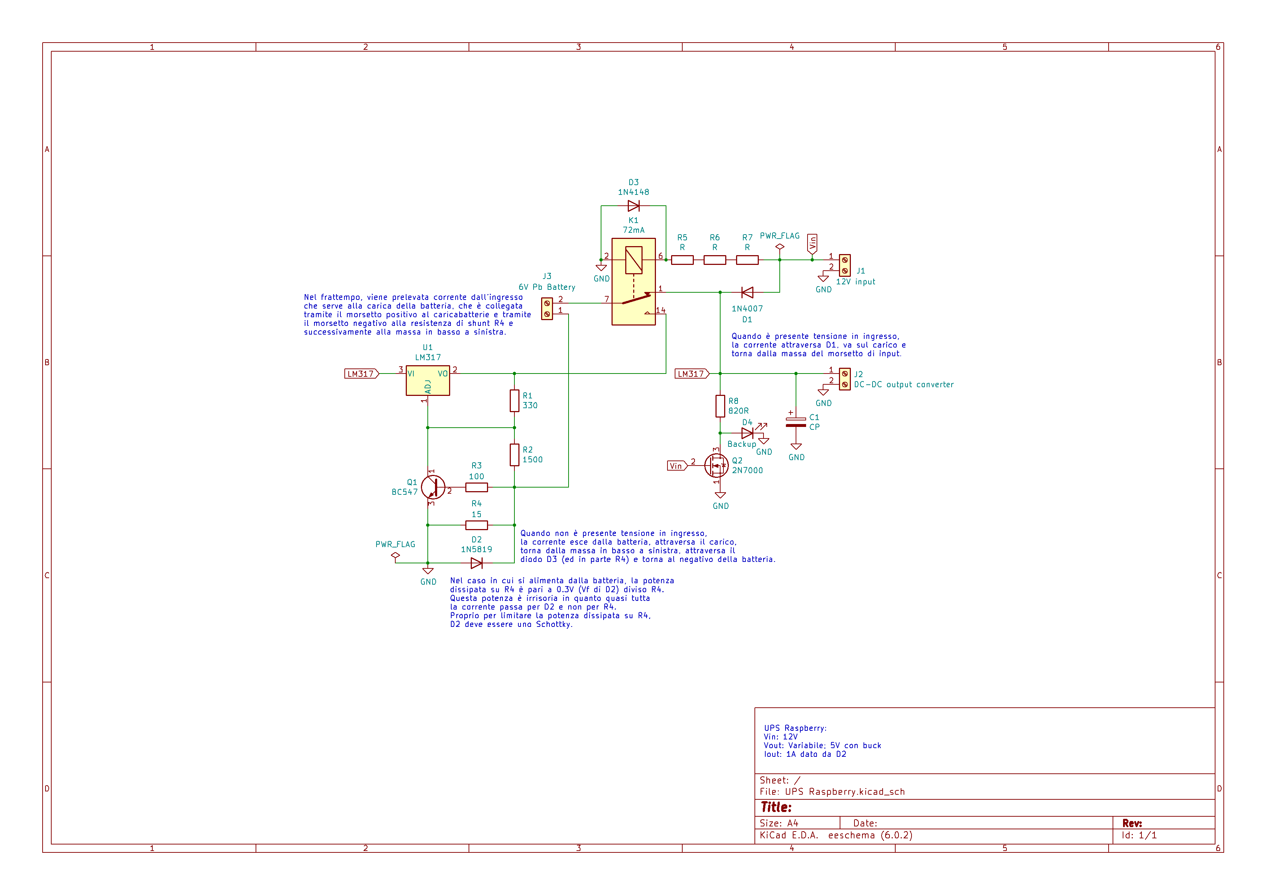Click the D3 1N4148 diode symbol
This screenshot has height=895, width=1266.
(634, 206)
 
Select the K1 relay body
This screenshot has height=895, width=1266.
(634, 281)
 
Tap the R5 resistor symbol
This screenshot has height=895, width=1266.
(682, 260)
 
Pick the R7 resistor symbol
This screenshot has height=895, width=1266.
(747, 260)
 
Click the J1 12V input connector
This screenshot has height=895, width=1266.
(844, 265)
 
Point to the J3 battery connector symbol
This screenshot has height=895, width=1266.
(547, 309)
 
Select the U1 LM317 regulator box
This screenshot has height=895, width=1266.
(428, 380)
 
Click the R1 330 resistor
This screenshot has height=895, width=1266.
(514, 401)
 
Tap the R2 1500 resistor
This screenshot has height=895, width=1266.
(514, 455)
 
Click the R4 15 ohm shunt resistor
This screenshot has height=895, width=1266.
(477, 525)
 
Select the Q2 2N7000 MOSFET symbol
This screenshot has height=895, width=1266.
(716, 466)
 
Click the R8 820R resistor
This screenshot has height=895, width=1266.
(720, 406)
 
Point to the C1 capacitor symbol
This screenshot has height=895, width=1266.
(796, 422)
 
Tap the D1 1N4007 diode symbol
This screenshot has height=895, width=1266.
(747, 293)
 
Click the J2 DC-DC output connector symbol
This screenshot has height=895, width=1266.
(844, 379)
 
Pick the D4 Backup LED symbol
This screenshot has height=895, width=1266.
(748, 433)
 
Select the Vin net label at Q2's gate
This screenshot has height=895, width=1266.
(676, 466)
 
